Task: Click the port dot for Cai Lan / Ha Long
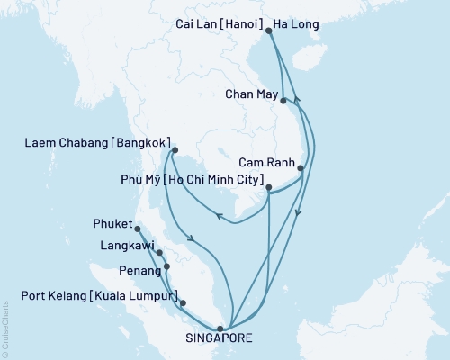click(x=269, y=31)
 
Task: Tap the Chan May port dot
click(x=283, y=101)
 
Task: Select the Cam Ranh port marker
click(x=301, y=168)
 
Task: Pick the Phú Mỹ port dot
click(x=269, y=188)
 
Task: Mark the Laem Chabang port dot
click(x=175, y=150)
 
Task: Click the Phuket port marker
click(x=138, y=229)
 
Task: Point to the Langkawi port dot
click(x=159, y=253)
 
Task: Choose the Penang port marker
click(x=166, y=267)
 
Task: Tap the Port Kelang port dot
click(x=184, y=303)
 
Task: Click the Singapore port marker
click(x=221, y=328)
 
